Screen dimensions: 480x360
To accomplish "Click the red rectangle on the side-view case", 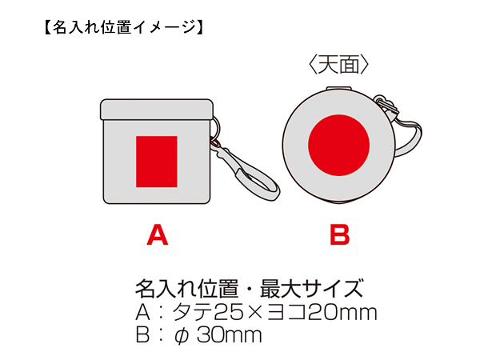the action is coord(157,162).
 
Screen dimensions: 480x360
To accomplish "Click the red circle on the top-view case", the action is coord(339,146).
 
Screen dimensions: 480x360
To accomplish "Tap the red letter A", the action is coord(158,234).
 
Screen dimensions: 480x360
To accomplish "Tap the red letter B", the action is coord(340,234).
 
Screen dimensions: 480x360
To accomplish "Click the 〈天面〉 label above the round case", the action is coord(339,65).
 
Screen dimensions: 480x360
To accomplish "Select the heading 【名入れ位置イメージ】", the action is coord(123,27).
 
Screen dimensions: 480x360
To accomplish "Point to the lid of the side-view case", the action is coord(157,110).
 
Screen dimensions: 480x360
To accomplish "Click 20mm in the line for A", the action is coord(342,313).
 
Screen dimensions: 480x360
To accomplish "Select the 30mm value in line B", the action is coord(230,335).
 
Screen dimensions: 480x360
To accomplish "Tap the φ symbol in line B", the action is coord(182,336).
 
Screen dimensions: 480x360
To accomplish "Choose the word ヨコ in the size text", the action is coord(287,313).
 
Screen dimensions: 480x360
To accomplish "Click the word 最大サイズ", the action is coord(311,288).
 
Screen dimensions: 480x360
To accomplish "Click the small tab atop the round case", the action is coord(338,89).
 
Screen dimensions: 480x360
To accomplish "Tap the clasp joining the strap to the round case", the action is coord(386,105).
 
